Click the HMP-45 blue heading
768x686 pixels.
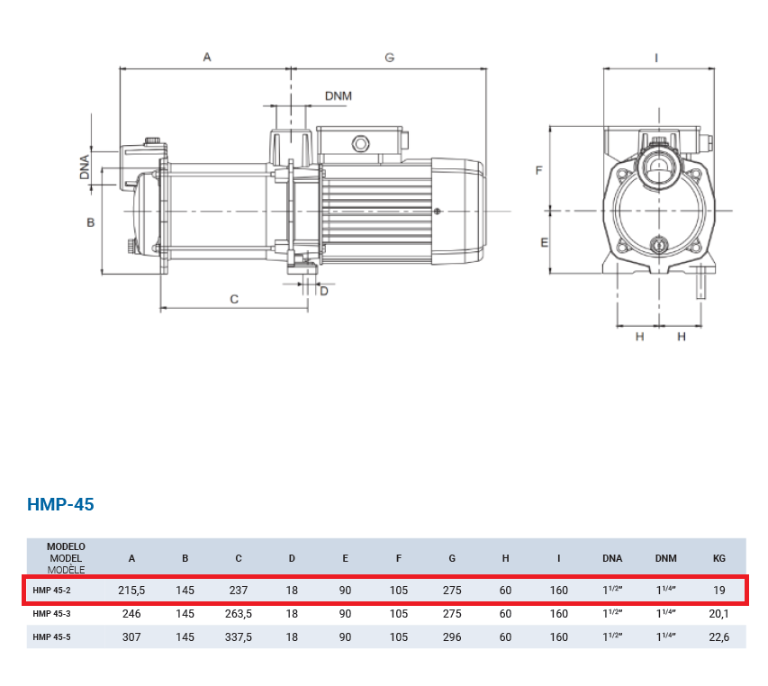pyautogui.click(x=60, y=504)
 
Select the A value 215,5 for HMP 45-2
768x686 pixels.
pyautogui.click(x=131, y=591)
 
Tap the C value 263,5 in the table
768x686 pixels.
pyautogui.click(x=239, y=614)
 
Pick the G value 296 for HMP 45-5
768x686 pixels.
pyautogui.click(x=452, y=637)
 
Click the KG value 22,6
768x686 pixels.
pyautogui.click(x=719, y=637)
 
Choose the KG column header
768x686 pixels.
pyautogui.click(x=719, y=558)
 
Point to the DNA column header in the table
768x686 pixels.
pyautogui.click(x=612, y=558)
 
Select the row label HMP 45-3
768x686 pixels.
pyautogui.click(x=51, y=614)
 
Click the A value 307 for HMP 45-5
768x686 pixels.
pyautogui.click(x=131, y=637)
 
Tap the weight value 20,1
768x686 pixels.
pyautogui.click(x=719, y=614)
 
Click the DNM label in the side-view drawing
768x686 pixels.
pyautogui.click(x=339, y=96)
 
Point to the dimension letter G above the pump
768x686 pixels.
pyautogui.click(x=389, y=58)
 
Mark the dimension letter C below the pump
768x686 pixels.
pyautogui.click(x=234, y=299)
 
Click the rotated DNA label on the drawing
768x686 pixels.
pyautogui.click(x=85, y=167)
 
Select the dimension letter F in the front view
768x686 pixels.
pyautogui.click(x=538, y=170)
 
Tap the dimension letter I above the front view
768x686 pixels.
pyautogui.click(x=656, y=59)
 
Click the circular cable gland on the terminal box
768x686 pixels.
pyautogui.click(x=360, y=144)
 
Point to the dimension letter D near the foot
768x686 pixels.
pyautogui.click(x=324, y=292)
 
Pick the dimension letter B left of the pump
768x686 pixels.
pyautogui.click(x=91, y=222)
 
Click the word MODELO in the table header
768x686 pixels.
pyautogui.click(x=66, y=546)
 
